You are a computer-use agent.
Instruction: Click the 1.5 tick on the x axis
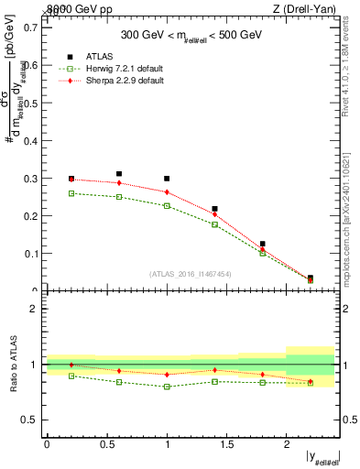coord(226,443)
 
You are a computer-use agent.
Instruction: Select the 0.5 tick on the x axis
coord(106,443)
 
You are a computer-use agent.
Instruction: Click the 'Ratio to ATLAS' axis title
coord(14,364)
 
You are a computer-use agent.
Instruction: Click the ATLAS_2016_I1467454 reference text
coord(190,273)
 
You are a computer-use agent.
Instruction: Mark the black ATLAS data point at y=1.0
coord(167,179)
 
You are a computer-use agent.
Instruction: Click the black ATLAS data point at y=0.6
coord(119,174)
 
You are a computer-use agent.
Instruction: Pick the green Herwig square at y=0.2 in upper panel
coord(71,193)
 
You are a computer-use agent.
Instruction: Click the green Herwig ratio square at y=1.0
coord(167,387)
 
